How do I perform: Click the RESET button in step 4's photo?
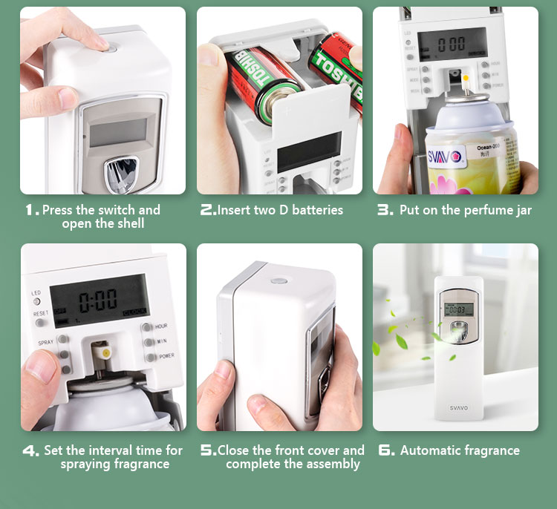[x=37, y=322]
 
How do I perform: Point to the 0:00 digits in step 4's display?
[x=98, y=301]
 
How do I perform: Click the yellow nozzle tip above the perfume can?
[x=466, y=77]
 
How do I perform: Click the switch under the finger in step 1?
[x=111, y=47]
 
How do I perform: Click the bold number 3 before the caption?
[x=385, y=210]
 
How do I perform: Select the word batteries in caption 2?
[x=318, y=210]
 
